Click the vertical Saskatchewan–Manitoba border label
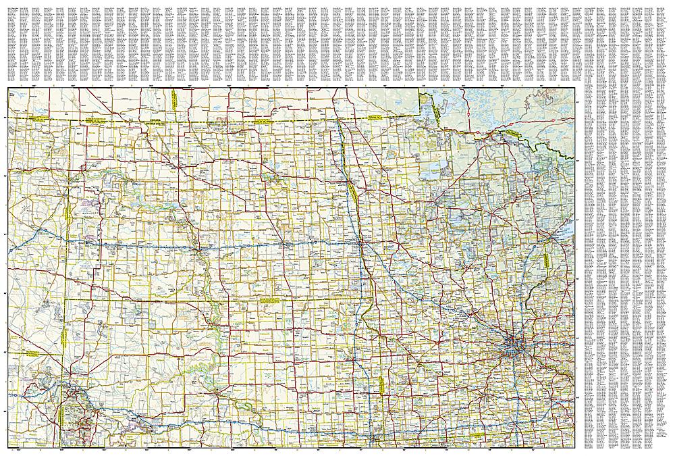(173, 99)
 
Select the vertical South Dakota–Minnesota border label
(381, 386)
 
